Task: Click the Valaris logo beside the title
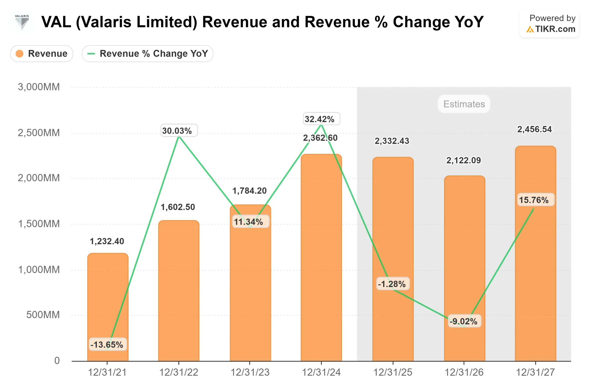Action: pyautogui.click(x=22, y=22)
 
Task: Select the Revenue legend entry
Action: pyautogui.click(x=42, y=54)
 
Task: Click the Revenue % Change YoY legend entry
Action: pyautogui.click(x=147, y=54)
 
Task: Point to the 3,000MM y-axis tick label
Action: pyautogui.click(x=39, y=87)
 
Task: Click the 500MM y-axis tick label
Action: pyautogui.click(x=43, y=315)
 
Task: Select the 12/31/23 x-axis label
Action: pyautogui.click(x=250, y=372)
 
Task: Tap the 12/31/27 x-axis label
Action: pyautogui.click(x=535, y=372)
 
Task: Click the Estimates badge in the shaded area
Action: pyautogui.click(x=464, y=104)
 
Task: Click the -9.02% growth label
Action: pyautogui.click(x=464, y=321)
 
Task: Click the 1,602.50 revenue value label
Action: pyautogui.click(x=178, y=207)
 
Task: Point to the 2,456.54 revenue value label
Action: pyautogui.click(x=534, y=129)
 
